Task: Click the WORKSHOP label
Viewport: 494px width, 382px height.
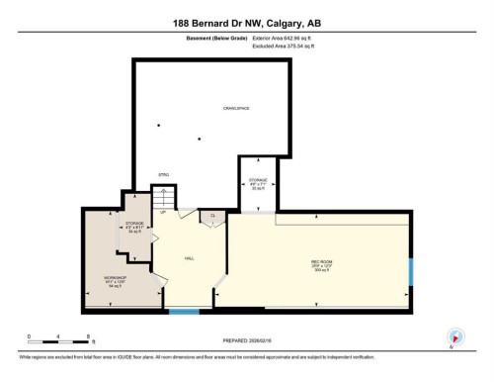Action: (114, 281)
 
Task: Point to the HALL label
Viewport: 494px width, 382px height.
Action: (189, 258)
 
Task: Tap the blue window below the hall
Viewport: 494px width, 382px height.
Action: (183, 313)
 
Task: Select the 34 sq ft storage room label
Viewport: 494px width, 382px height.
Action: (135, 227)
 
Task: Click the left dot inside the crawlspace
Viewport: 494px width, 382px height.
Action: (159, 126)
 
